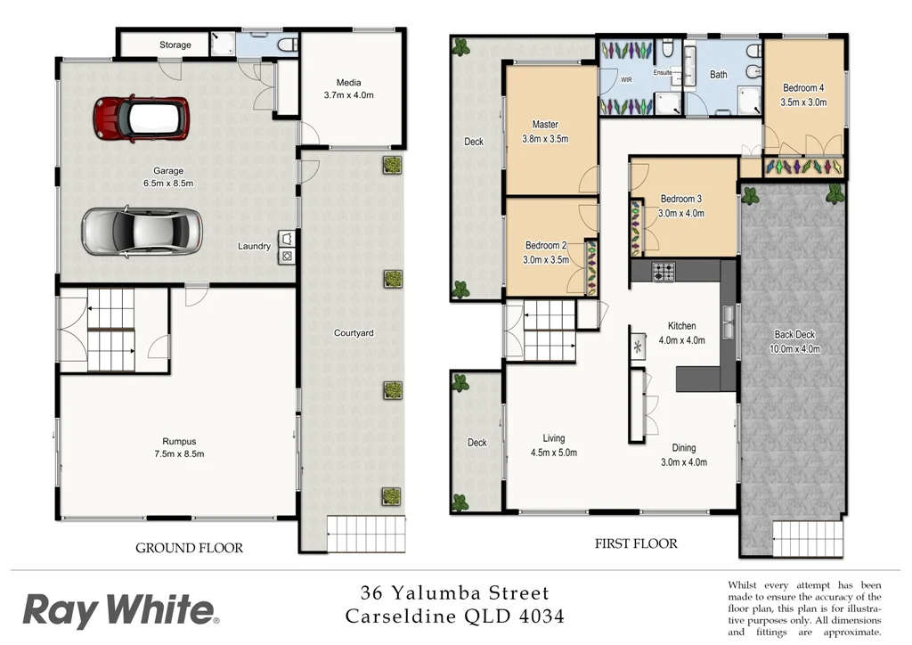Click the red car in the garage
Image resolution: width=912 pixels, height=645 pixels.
pos(141,118)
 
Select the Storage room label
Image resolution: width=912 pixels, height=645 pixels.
pos(175,45)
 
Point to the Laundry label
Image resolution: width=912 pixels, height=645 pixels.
pos(254,247)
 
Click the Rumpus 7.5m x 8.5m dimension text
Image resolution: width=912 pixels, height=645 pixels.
pos(178,454)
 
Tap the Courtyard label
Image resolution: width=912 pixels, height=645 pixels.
pos(354,333)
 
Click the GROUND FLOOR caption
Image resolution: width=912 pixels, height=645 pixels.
pos(189,548)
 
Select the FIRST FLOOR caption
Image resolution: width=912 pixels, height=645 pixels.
pos(636,543)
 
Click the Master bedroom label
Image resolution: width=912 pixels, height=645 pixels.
pos(545,125)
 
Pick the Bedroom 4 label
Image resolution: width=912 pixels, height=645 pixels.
pos(803,88)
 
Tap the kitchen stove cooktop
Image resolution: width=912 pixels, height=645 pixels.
pos(664,272)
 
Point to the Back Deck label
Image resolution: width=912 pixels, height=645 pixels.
pos(794,335)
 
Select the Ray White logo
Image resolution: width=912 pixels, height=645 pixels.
pos(120,612)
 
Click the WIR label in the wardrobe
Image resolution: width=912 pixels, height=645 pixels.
pos(627,79)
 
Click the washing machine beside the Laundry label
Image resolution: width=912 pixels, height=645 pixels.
pos(288,256)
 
